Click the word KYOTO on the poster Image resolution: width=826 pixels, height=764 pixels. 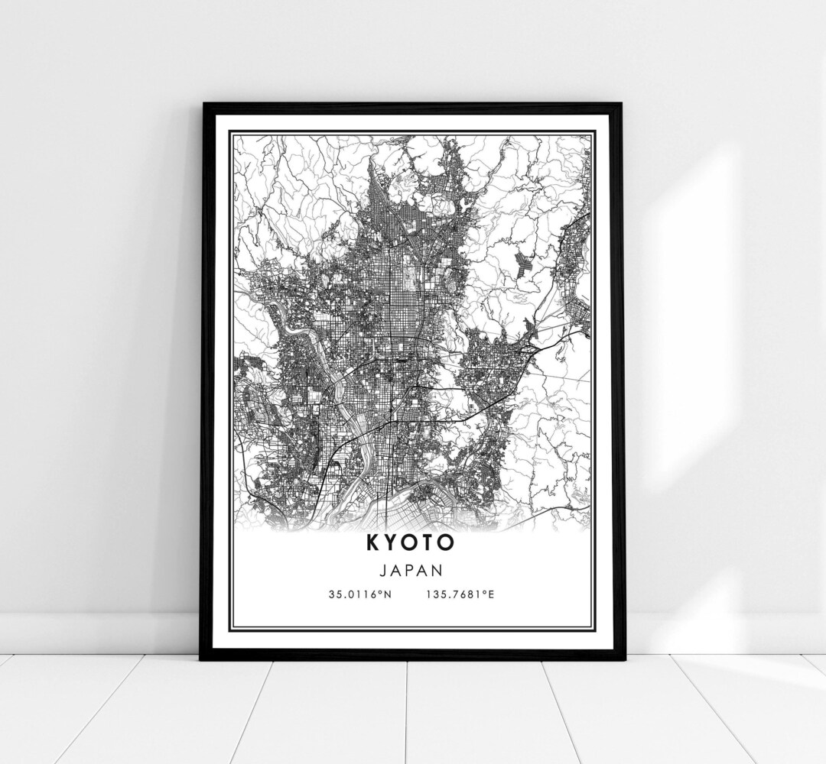(x=410, y=542)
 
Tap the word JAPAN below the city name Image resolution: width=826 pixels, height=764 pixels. (x=411, y=570)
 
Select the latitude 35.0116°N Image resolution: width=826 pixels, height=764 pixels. (x=360, y=594)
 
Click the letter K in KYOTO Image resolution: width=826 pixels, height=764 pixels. (x=372, y=542)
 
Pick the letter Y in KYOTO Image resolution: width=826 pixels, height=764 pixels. (x=391, y=542)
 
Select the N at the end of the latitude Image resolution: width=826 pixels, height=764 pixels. (x=388, y=594)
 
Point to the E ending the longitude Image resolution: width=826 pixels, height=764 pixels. (x=491, y=594)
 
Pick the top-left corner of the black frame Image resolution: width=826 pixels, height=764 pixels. (x=203, y=105)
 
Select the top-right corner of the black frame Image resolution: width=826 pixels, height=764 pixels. (x=621, y=105)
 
